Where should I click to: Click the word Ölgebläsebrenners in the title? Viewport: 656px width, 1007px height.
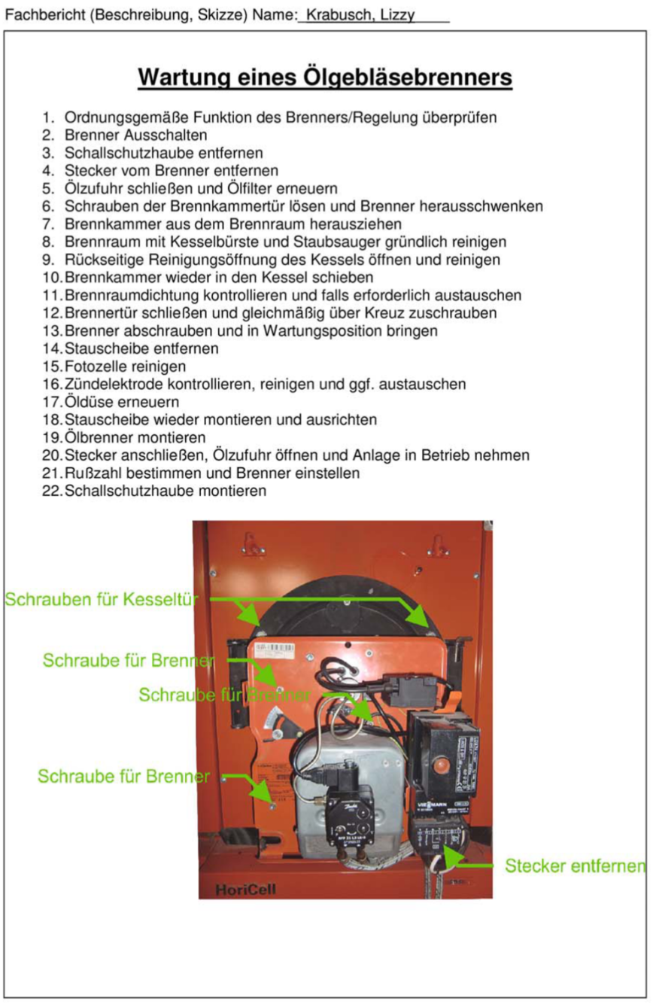[407, 78]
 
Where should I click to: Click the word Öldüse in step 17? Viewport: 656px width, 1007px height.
[88, 402]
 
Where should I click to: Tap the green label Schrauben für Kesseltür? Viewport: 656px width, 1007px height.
[102, 600]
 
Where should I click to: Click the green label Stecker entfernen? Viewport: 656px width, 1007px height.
[575, 866]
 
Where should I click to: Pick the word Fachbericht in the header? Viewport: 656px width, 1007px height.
[43, 15]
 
